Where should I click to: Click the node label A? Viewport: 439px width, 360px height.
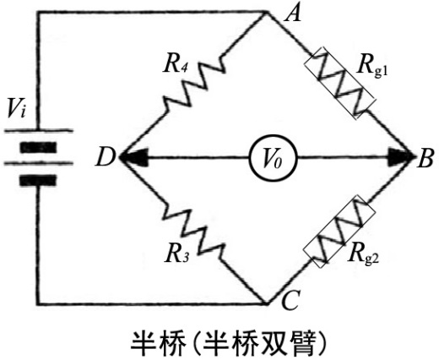tap(293, 14)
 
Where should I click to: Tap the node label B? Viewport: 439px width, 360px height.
tap(425, 159)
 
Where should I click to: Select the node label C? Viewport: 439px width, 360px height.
tap(290, 300)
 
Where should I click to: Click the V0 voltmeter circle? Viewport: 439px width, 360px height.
tap(274, 158)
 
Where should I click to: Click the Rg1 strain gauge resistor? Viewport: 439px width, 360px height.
tap(339, 84)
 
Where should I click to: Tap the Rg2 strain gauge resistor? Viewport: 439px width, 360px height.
tap(339, 231)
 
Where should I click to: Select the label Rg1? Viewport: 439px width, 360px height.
tap(372, 67)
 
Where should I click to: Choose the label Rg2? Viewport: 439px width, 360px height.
tap(364, 255)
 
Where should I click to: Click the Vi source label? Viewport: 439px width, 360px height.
tap(17, 108)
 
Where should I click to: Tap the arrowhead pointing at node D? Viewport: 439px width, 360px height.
tap(134, 157)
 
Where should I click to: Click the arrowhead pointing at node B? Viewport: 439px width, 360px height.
tap(400, 157)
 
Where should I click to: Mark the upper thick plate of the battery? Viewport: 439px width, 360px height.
tap(38, 147)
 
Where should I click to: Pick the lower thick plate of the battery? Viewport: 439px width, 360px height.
tap(38, 180)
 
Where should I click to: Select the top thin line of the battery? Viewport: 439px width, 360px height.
tap(38, 130)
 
